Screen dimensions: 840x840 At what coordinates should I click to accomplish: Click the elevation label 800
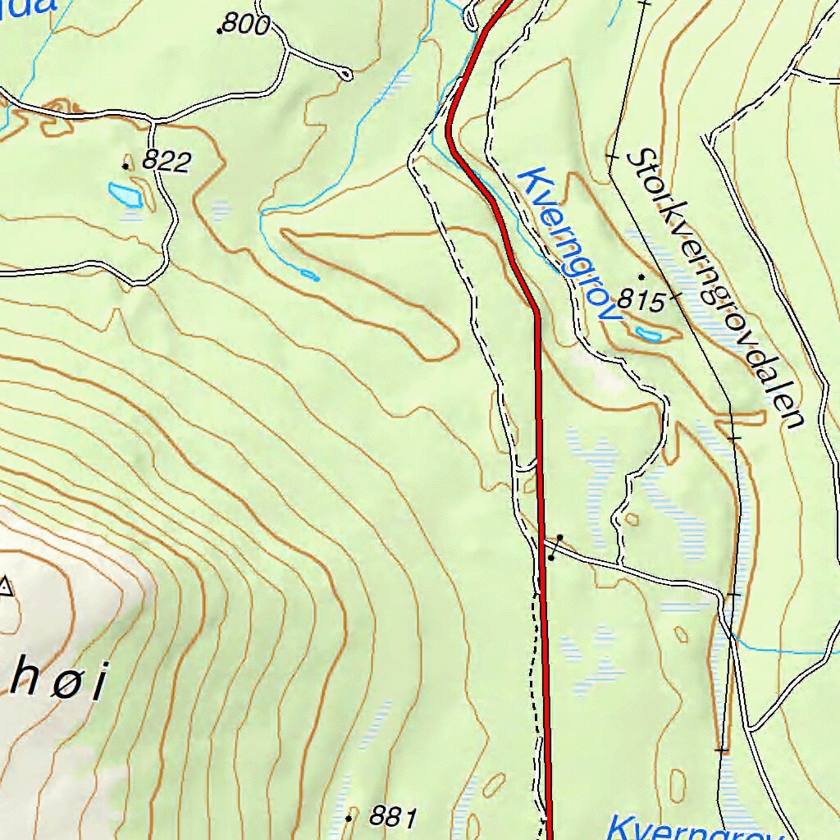(246, 25)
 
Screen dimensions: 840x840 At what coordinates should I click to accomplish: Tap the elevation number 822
(166, 162)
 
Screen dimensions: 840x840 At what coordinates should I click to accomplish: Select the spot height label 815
(641, 301)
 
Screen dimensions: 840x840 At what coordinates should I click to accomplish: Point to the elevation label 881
(393, 816)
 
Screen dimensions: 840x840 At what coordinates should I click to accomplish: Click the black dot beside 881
(349, 818)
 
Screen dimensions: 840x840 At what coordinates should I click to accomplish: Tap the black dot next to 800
(219, 31)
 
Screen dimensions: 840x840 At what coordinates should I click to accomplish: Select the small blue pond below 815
(648, 334)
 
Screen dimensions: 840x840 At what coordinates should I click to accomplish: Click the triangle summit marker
(7, 586)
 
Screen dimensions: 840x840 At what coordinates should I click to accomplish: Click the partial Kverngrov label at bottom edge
(693, 827)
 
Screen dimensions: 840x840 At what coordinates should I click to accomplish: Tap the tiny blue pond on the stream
(309, 275)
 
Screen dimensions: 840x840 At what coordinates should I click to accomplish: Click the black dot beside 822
(126, 166)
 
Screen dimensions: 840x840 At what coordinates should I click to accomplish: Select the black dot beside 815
(641, 276)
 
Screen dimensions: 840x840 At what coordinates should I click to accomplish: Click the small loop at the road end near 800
(345, 75)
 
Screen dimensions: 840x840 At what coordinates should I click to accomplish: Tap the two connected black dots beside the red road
(555, 547)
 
